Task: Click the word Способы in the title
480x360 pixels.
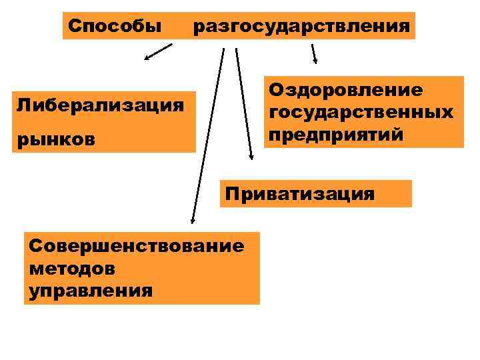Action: [115, 27]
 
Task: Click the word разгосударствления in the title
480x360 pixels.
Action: [301, 27]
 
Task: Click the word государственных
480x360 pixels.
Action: [361, 112]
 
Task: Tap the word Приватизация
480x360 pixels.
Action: [299, 194]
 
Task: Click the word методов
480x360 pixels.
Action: [72, 269]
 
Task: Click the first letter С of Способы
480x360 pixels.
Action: [74, 27]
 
